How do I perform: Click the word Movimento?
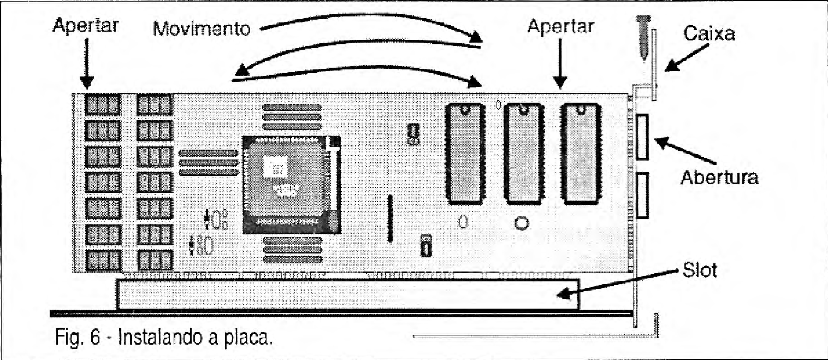click(x=202, y=29)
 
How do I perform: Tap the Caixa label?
click(x=709, y=33)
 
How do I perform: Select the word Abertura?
click(x=719, y=178)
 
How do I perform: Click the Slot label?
click(x=699, y=270)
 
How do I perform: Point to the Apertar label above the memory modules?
click(x=86, y=26)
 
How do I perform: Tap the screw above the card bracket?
click(x=643, y=38)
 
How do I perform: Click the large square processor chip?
click(x=291, y=185)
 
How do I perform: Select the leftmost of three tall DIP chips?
click(x=465, y=154)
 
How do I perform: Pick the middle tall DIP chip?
click(x=524, y=154)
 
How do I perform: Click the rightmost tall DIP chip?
click(x=581, y=154)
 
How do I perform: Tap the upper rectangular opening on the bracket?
click(x=642, y=137)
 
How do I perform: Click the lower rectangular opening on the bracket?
click(x=642, y=195)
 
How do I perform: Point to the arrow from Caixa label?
click(x=687, y=58)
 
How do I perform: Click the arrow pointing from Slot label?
click(x=617, y=283)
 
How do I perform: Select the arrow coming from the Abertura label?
click(x=685, y=150)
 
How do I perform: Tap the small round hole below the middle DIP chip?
click(x=522, y=223)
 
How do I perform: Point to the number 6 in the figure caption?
click(x=95, y=337)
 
